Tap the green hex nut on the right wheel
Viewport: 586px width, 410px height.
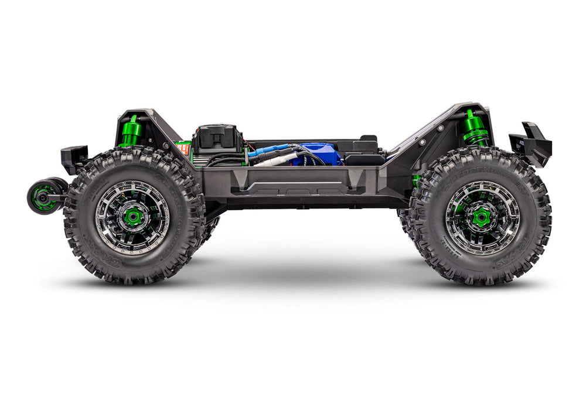click(482, 217)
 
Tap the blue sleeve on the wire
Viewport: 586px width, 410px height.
click(268, 150)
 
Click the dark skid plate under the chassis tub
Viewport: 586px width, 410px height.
click(311, 202)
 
